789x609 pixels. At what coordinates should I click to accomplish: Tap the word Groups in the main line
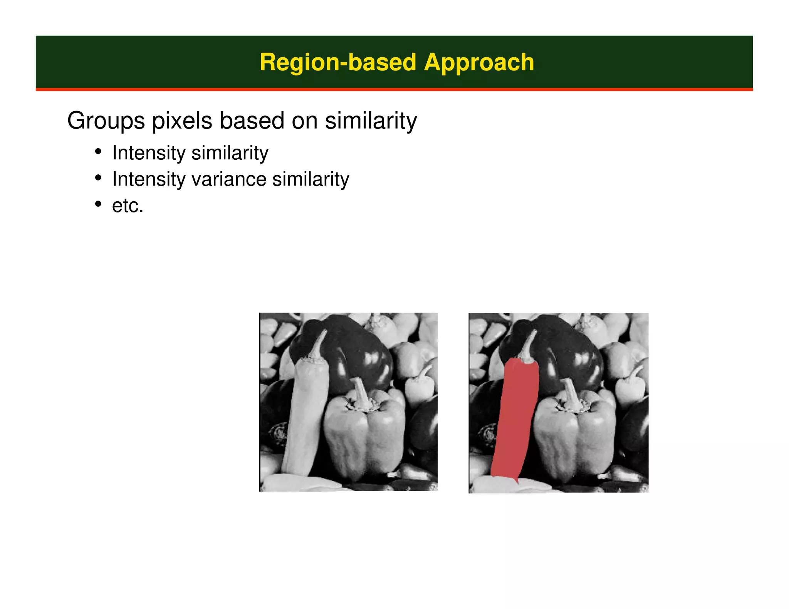(x=106, y=121)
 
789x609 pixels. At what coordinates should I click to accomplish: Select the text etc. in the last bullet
(x=128, y=206)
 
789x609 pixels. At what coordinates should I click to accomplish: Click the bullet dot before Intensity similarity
(x=99, y=152)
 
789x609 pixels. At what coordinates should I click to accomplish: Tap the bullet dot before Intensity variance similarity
(x=99, y=178)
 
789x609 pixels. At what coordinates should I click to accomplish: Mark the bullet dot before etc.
(x=99, y=204)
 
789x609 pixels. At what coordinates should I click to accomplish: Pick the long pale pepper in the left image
(x=306, y=416)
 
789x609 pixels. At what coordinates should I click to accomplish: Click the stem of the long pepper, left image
(x=319, y=345)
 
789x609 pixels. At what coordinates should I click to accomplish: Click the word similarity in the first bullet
(x=230, y=153)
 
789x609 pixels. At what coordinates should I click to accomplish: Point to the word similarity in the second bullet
(x=311, y=179)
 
